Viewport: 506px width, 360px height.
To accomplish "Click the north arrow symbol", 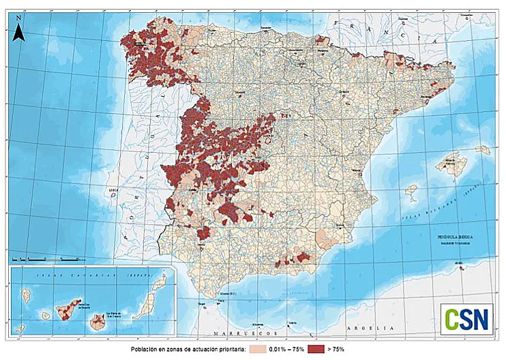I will [x=20, y=31].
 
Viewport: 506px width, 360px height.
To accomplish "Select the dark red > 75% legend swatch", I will [x=315, y=349].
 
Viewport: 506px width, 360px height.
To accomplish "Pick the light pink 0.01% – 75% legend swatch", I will [x=256, y=349].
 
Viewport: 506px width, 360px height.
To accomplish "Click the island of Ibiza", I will [x=411, y=192].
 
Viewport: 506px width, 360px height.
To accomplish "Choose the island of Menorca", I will [x=483, y=149].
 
